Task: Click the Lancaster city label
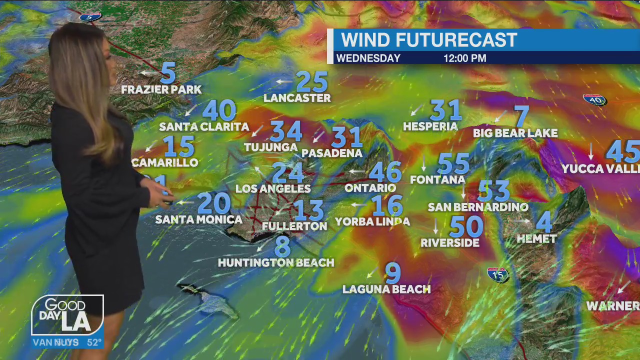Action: (297, 98)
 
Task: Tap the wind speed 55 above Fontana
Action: (453, 164)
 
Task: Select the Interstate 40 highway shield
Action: (594, 99)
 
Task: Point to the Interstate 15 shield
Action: (497, 274)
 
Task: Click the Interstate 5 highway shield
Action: (90, 16)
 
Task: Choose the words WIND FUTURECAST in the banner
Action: (429, 40)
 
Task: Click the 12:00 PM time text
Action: (464, 58)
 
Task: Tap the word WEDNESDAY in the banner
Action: (368, 58)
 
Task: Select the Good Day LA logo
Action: (67, 315)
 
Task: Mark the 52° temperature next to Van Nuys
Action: (94, 342)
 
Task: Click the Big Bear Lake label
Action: (515, 133)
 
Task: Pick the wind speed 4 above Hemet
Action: (543, 221)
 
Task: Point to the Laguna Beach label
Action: (386, 289)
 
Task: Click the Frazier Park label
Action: (161, 89)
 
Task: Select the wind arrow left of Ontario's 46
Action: (357, 171)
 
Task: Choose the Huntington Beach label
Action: (276, 262)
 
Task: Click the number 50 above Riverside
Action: (466, 226)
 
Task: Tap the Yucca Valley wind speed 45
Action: (623, 151)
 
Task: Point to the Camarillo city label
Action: (165, 162)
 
